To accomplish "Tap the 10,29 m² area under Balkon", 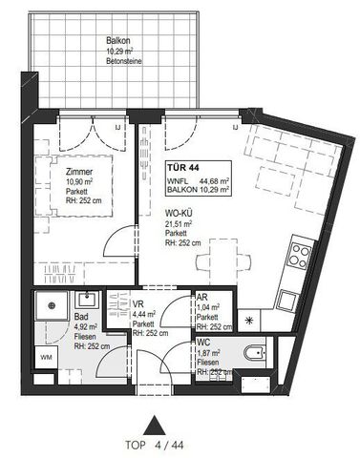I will (x=117, y=52).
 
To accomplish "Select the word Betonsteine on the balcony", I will (x=117, y=63).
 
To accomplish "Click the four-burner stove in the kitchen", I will (x=300, y=255).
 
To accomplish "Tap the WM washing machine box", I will (x=45, y=357).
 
